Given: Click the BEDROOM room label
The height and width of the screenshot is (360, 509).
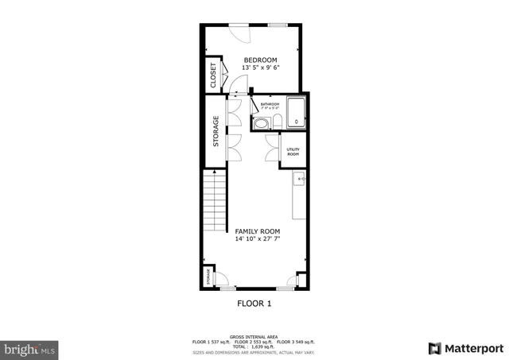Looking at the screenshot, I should coord(260,60).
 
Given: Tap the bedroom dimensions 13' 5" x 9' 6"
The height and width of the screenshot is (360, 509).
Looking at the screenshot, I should coord(260,68).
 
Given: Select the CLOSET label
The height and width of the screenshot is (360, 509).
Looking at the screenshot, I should coord(213,75).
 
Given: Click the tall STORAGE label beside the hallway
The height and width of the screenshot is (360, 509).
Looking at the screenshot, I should coord(216,132).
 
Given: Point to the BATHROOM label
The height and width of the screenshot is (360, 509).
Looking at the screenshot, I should coord(269,104).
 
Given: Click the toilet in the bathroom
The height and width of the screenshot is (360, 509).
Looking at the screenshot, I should coord(276,121).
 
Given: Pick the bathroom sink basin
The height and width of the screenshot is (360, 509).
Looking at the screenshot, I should coord(262,122).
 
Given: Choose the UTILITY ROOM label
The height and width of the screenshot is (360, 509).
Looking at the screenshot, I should coord(293,151).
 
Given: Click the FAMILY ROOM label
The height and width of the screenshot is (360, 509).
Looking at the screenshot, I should coord(258,231).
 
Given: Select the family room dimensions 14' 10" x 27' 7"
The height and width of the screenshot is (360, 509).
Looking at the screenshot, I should coord(258,238).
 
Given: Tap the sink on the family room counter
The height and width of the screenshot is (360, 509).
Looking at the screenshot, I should coord(300,180).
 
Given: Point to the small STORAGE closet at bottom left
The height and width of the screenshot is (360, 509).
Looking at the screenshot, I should coord(209,277).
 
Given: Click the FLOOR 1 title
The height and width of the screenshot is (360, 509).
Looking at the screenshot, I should coord(254,304).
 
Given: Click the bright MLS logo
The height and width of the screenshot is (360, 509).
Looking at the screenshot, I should coord(30,348).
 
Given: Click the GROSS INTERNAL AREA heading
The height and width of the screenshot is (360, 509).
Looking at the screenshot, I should coord(254,337).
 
